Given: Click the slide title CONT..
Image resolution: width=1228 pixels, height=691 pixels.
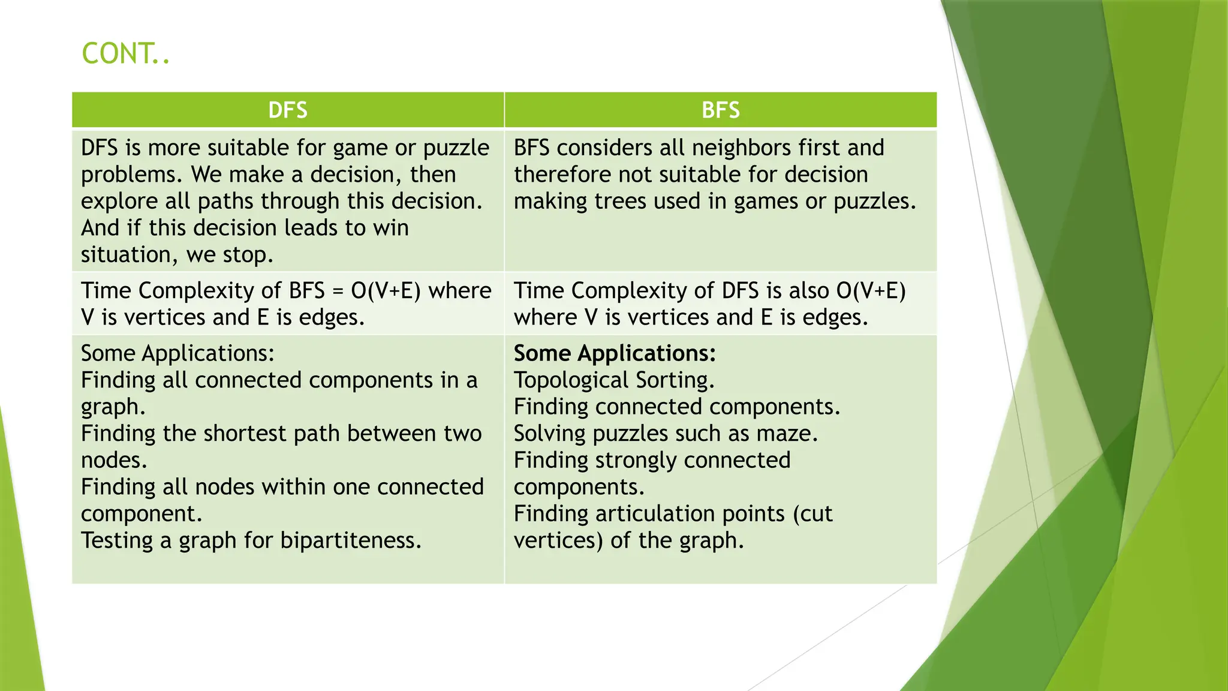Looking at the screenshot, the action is pos(125,54).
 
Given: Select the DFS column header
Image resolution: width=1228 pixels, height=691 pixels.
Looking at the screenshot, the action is pos(288,110).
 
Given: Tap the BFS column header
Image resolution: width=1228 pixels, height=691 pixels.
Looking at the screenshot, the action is pos(720,110).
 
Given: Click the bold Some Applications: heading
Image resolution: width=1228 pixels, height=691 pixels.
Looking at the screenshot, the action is pos(615,353).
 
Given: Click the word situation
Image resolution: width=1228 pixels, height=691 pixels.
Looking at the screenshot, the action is pos(125,255).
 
